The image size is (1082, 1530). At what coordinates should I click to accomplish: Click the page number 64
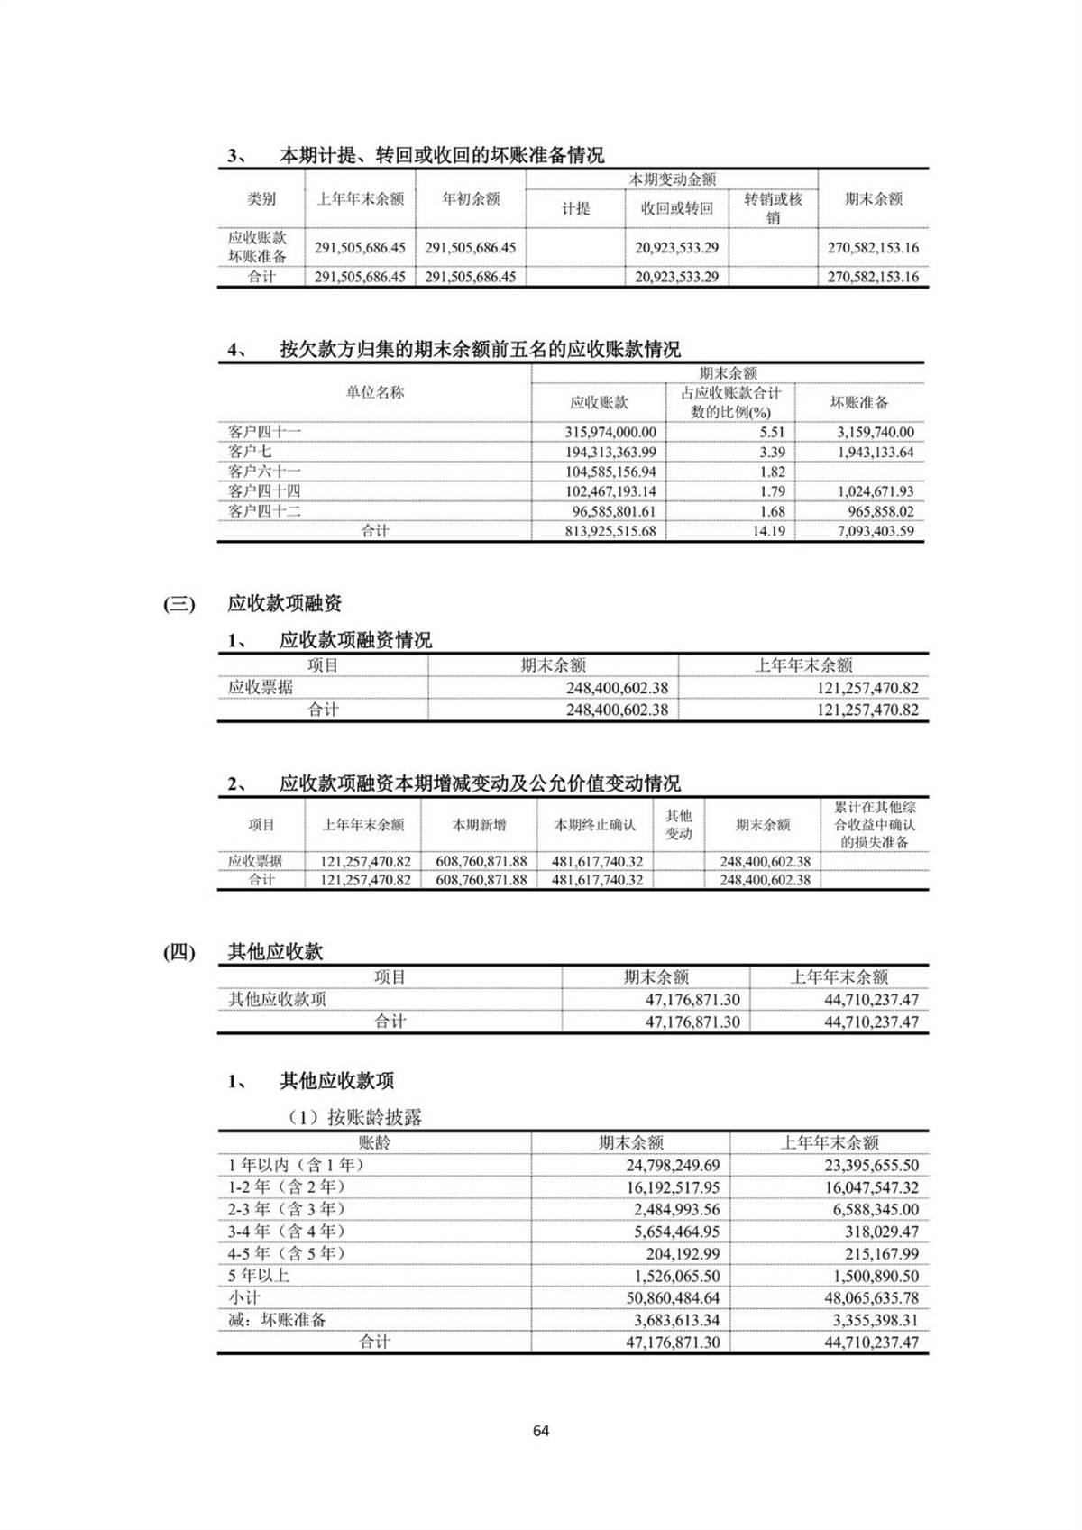click(541, 1431)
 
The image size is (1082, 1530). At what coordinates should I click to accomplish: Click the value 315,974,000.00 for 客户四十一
click(610, 432)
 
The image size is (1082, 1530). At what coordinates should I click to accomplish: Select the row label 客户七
click(250, 452)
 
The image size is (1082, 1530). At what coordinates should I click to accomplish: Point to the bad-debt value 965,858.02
click(875, 511)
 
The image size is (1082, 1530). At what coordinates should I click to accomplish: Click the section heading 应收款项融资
click(284, 603)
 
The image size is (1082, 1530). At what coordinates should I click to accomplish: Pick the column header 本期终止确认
click(595, 825)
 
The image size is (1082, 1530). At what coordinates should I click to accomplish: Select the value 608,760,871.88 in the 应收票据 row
click(481, 861)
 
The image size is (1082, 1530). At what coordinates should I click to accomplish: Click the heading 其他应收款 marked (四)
click(275, 951)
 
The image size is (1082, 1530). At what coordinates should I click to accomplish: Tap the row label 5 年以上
click(259, 1275)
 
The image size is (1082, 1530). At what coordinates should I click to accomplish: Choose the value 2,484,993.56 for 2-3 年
click(673, 1209)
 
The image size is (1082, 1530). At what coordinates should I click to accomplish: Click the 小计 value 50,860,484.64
click(673, 1297)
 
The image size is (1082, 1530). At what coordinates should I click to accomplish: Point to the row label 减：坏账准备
click(277, 1319)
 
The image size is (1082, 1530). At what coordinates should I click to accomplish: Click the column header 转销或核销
click(773, 208)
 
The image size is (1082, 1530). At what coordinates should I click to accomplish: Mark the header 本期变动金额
click(672, 179)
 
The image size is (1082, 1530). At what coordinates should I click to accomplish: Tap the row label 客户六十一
click(264, 472)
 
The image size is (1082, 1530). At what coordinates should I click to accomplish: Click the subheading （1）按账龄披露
click(355, 1117)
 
